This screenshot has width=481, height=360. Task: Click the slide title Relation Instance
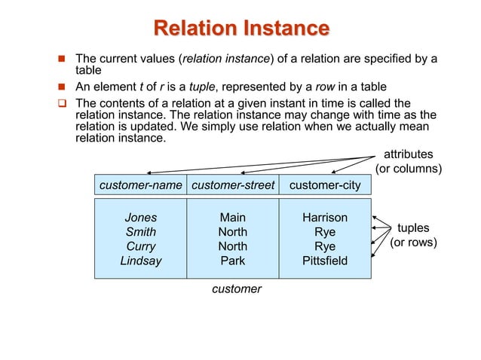(x=241, y=29)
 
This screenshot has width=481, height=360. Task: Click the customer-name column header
(x=141, y=185)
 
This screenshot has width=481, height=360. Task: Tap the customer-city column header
(x=325, y=185)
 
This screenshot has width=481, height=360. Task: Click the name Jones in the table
(x=141, y=218)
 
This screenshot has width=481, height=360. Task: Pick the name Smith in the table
(x=141, y=232)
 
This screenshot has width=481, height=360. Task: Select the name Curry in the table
(x=141, y=246)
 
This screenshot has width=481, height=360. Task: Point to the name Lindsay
(x=141, y=261)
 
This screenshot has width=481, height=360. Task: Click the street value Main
(x=232, y=218)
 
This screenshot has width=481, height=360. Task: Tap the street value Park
(x=232, y=261)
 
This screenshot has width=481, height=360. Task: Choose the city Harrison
(x=325, y=218)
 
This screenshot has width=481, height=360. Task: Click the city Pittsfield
(x=325, y=261)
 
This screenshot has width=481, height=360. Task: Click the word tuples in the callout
(x=413, y=228)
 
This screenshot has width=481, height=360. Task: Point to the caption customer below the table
(x=237, y=289)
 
